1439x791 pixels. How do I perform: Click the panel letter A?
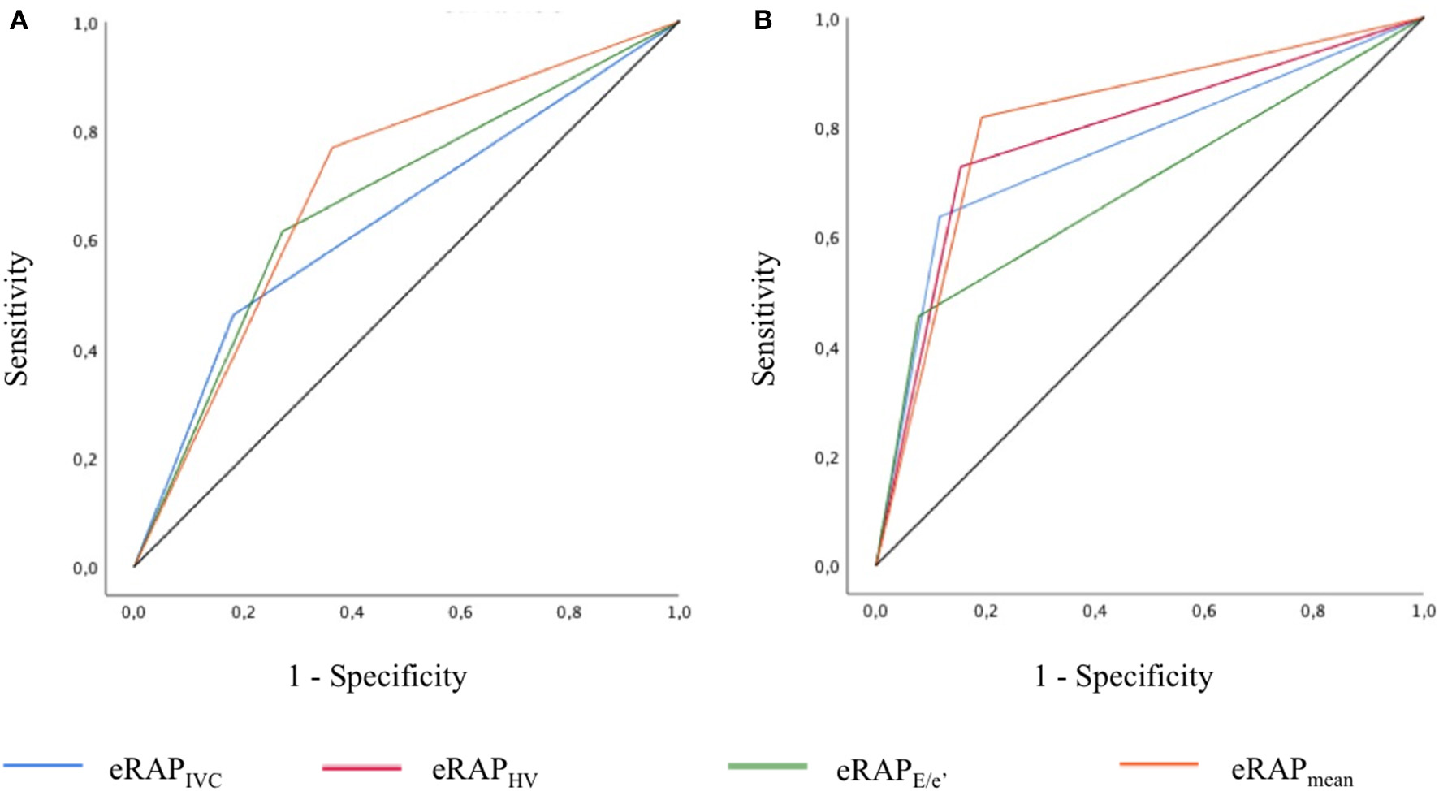tap(18, 20)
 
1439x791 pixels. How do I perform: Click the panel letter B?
tap(763, 20)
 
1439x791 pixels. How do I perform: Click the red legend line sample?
tap(361, 767)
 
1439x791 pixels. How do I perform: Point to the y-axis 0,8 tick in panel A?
tap(86, 132)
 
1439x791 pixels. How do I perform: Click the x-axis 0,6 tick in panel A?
tap(460, 612)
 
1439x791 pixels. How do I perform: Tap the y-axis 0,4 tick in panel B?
tap(828, 348)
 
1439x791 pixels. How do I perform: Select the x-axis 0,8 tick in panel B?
tap(1313, 611)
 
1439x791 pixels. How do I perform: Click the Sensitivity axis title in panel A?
tap(18, 318)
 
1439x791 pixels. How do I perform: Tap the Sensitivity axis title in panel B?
tap(763, 318)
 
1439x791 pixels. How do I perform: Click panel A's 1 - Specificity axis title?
tap(378, 676)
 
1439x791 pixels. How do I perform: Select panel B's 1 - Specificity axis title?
tap(1123, 676)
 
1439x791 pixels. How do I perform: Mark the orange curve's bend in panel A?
tap(331, 147)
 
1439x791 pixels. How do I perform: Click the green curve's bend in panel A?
tap(282, 231)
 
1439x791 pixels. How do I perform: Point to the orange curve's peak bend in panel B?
tap(981, 117)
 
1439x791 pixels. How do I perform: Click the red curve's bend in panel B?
tap(961, 166)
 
